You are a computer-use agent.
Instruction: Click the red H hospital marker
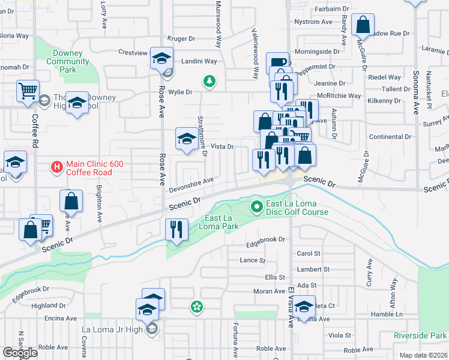pos(56,166)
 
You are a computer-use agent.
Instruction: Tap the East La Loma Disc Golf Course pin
pos(258,207)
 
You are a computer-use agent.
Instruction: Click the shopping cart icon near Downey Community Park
pos(28,92)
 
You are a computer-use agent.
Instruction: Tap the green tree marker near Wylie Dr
pos(209,82)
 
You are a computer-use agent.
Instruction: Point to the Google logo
pos(20,353)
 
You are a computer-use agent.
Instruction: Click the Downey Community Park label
pos(68,62)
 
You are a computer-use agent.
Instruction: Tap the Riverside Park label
pos(420,335)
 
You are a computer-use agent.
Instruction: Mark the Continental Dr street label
pos(390,137)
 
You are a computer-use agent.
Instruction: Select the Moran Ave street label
pos(268,291)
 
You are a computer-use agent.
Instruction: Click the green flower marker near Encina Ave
pos(196,307)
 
